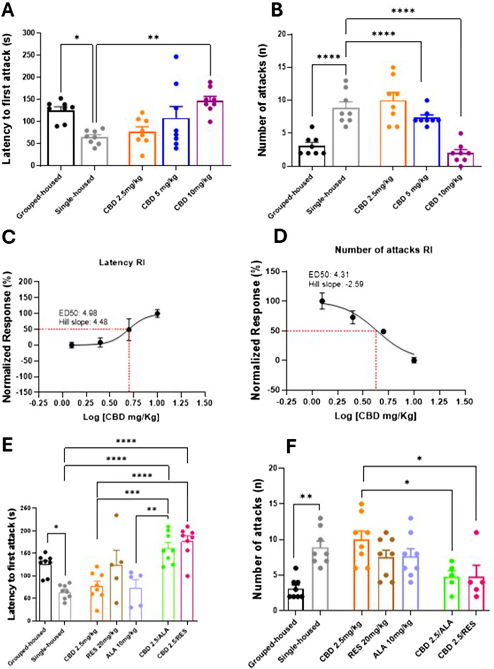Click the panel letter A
[x=8, y=10]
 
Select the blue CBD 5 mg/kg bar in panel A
[x=176, y=142]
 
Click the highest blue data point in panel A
[x=176, y=57]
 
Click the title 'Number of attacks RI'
[x=383, y=250]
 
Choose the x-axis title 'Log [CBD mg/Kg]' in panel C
[x=121, y=416]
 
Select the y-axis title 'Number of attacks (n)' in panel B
[x=262, y=100]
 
